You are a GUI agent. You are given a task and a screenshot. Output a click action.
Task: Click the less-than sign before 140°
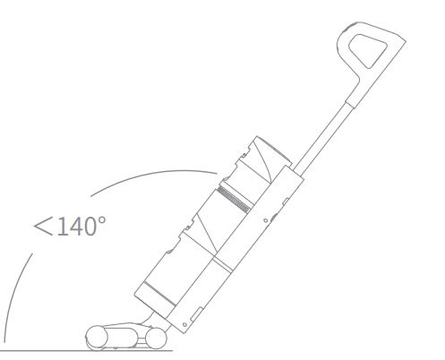43,227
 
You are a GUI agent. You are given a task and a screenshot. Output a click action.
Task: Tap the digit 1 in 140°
61,227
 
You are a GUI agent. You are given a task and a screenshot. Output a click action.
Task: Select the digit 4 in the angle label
73,227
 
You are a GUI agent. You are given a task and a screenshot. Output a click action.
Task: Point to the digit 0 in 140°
90,227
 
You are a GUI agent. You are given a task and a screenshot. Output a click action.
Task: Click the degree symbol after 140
102,221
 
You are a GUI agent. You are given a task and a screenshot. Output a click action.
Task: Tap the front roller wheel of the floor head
97,338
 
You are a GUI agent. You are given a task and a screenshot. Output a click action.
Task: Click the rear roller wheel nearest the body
156,339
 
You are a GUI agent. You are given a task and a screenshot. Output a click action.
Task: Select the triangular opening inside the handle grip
368,50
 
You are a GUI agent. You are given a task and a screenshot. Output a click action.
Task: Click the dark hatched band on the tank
234,200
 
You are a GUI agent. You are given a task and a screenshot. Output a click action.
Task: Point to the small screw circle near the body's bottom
184,325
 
